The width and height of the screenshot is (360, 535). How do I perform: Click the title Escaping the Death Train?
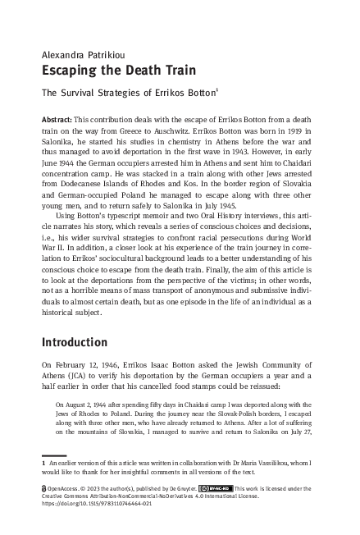click(x=110, y=71)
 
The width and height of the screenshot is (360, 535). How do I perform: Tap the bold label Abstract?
click(x=58, y=120)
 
